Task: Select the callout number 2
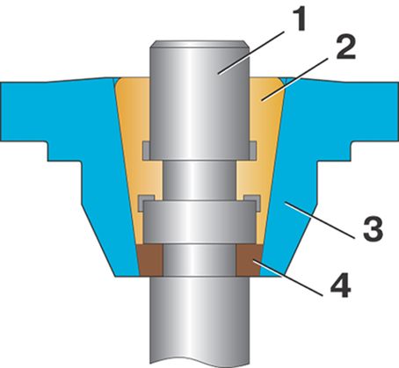[x=345, y=47]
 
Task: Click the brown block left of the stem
[x=150, y=260]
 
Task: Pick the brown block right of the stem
[x=249, y=260]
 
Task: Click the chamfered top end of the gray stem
[x=199, y=44]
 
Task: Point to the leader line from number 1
[x=252, y=52]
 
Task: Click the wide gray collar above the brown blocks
[x=199, y=222]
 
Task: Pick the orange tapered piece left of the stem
[x=138, y=161]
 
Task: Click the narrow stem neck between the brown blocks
[x=199, y=260]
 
